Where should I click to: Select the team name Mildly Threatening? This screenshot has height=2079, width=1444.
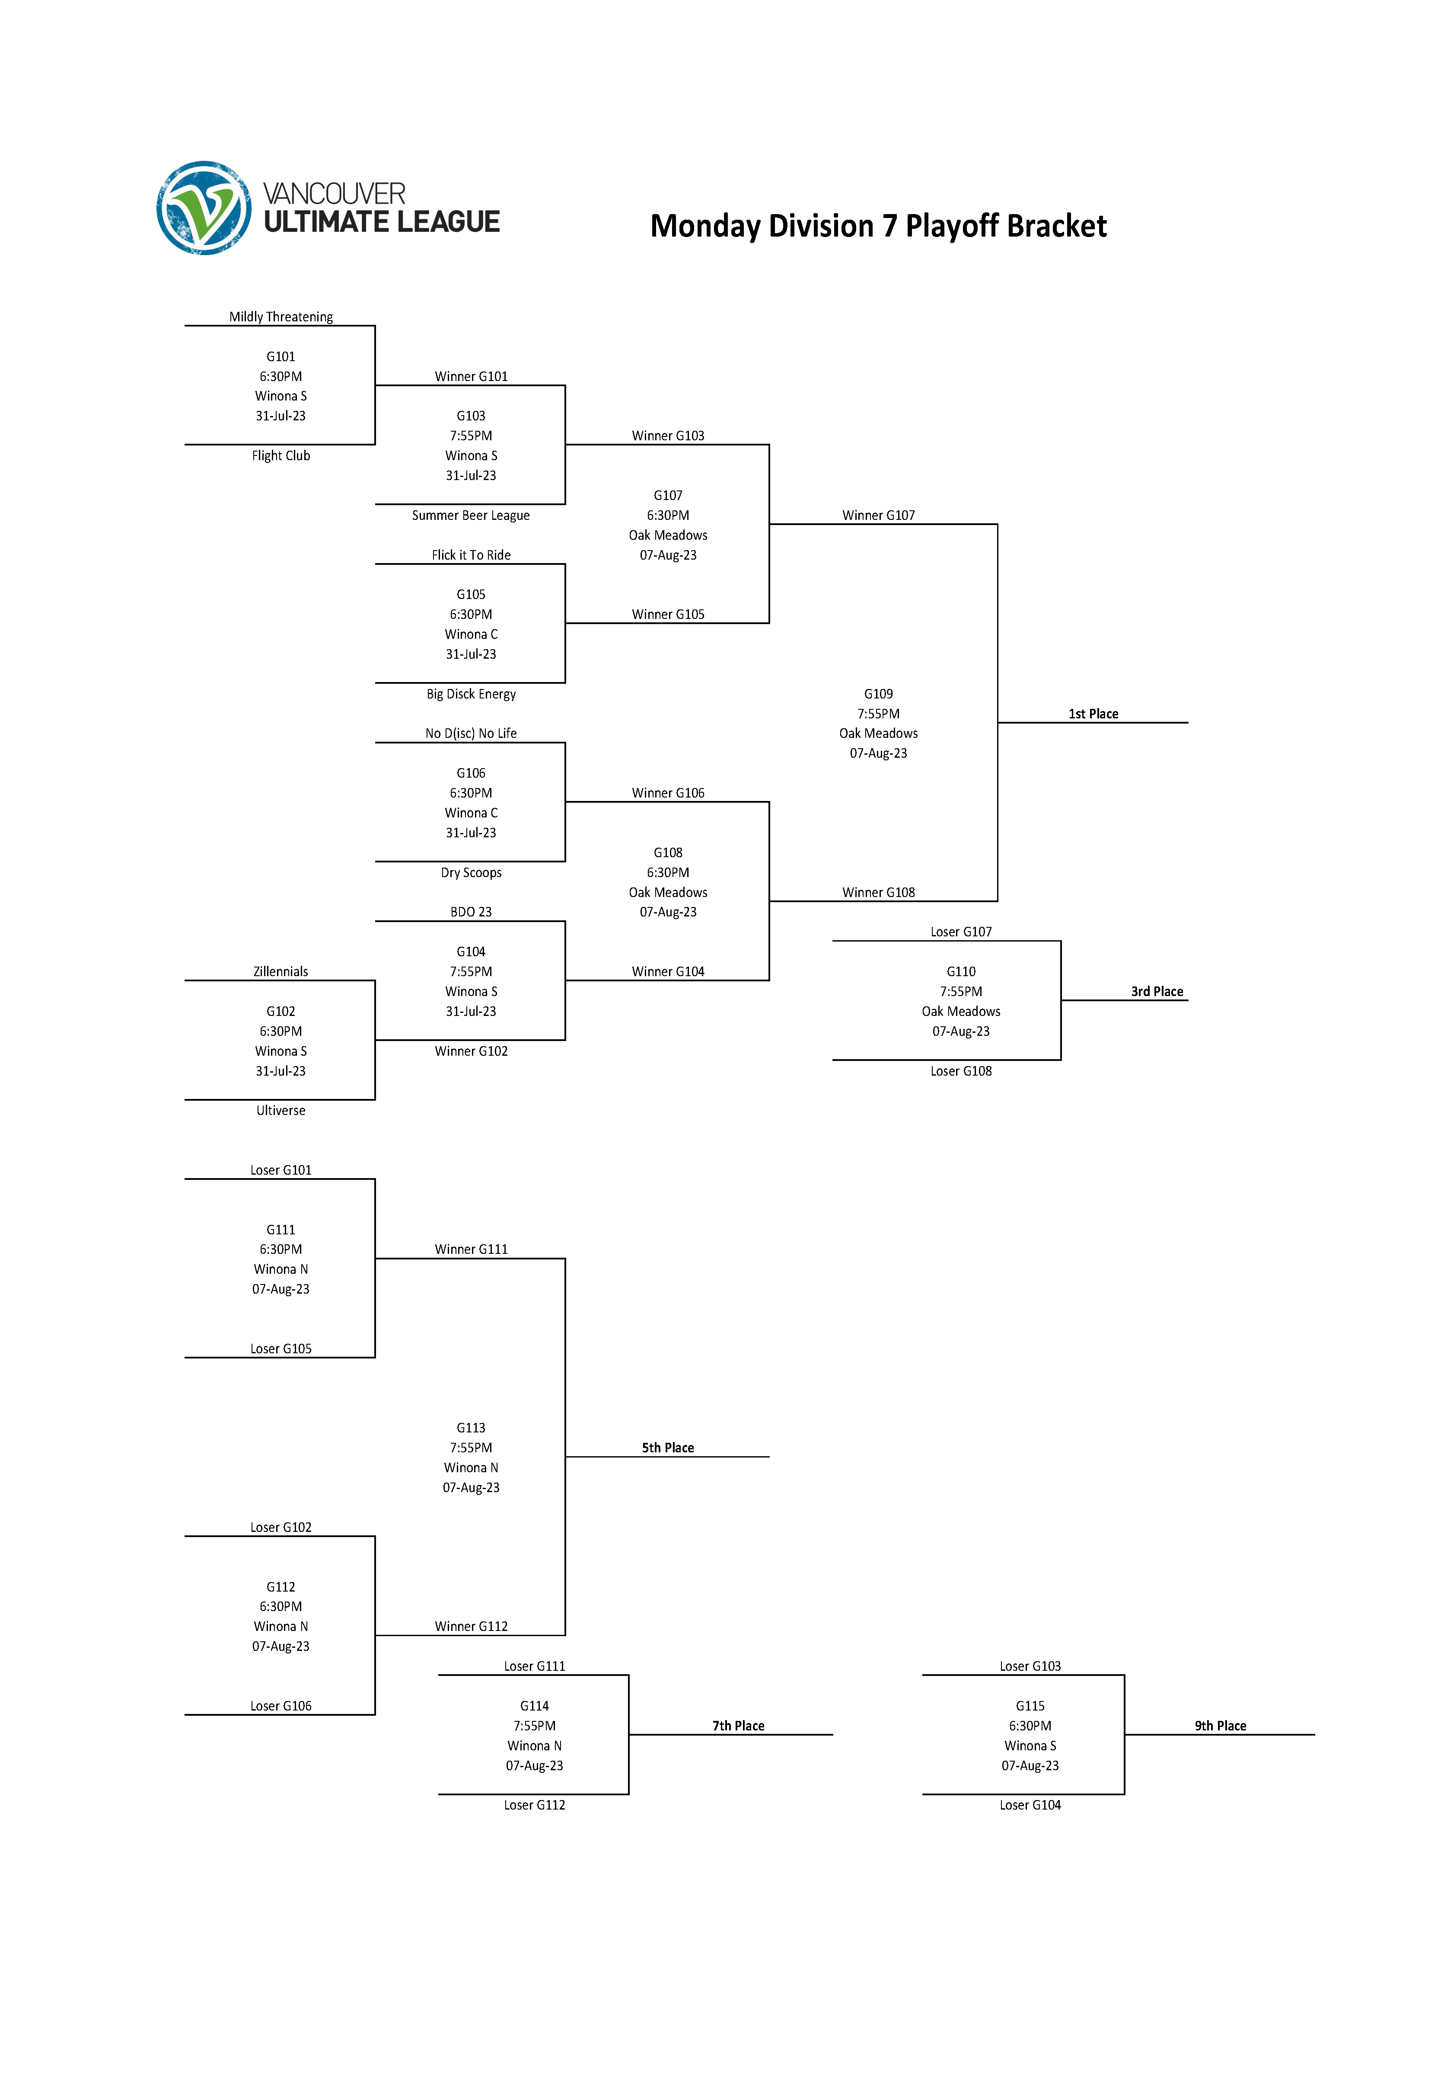click(281, 317)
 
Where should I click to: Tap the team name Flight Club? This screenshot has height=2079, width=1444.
click(281, 455)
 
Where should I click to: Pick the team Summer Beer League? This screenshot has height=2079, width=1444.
click(471, 515)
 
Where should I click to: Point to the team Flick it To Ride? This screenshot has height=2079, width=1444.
click(471, 555)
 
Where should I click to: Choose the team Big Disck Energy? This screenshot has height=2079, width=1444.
click(471, 694)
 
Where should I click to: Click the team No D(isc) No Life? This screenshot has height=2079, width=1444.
click(471, 733)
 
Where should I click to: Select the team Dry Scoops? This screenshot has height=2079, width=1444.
click(471, 872)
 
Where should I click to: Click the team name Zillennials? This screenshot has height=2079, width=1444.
click(281, 971)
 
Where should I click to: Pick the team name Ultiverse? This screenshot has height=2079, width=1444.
click(281, 1111)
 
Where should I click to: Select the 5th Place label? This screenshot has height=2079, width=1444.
click(668, 1447)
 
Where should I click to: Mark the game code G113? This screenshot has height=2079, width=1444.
click(471, 1427)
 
